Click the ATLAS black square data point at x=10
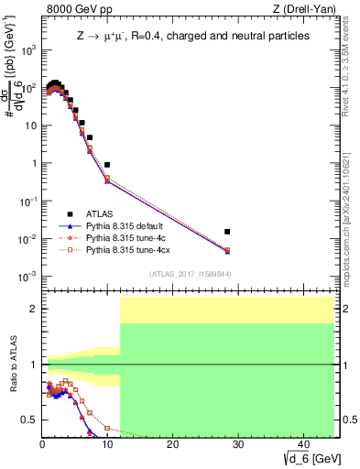(x=107, y=165)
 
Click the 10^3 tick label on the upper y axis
(x=29, y=49)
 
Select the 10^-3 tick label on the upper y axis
(x=29, y=276)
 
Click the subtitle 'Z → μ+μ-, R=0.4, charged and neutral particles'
(x=193, y=35)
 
